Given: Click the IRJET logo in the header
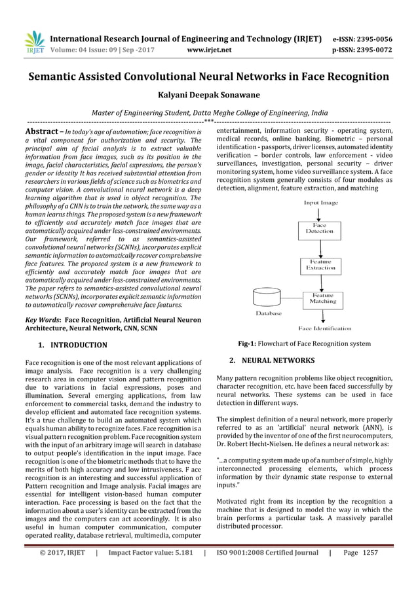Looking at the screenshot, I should point(33,43).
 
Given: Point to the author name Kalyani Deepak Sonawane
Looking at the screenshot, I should point(208,95).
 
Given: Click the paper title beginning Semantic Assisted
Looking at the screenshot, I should point(208,77).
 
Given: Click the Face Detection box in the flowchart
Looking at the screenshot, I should point(320,228).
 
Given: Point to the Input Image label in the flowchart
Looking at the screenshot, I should point(320,203).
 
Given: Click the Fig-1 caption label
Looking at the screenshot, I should point(249,343).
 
